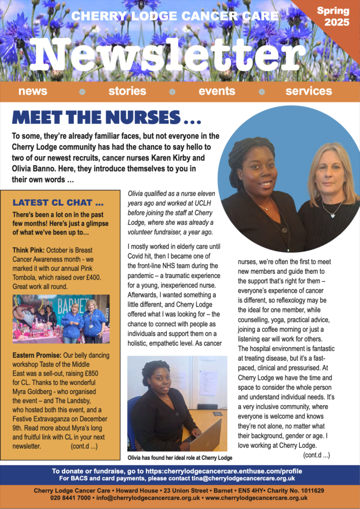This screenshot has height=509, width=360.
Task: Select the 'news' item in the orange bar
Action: [x=33, y=91]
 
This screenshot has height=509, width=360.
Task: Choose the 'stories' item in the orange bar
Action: [x=127, y=91]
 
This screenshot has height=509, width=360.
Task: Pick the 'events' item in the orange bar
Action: [x=217, y=91]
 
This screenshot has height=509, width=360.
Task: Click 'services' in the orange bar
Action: [x=309, y=91]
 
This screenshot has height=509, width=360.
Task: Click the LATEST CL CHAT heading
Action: [x=59, y=202]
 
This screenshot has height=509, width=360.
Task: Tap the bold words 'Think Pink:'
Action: [x=29, y=249]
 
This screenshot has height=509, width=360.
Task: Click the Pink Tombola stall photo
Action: [x=61, y=319]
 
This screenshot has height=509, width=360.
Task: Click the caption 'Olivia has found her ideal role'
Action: [x=179, y=458]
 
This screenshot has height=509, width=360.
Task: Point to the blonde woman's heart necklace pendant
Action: [x=333, y=215]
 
